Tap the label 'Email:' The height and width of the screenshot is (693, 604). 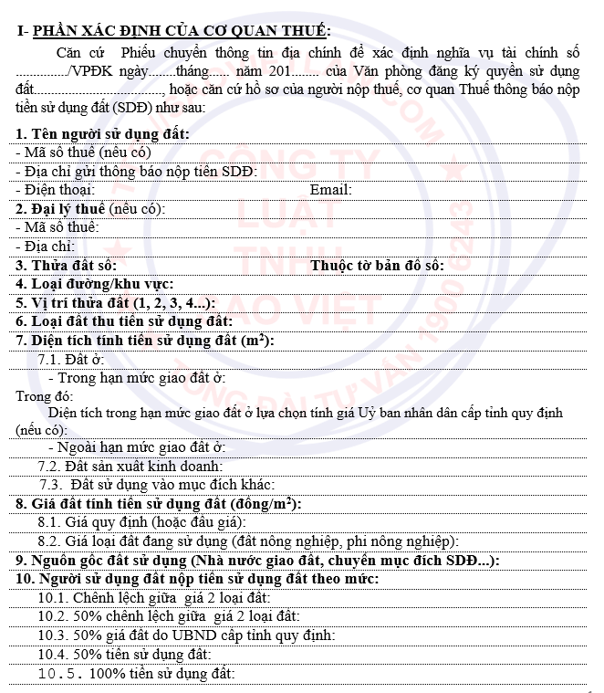330,190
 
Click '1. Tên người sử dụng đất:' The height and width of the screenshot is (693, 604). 103,134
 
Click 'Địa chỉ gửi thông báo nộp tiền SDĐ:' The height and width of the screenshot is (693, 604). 137,171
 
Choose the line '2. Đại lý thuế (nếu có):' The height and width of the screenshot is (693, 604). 90,208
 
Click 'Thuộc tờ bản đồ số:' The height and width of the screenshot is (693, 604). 377,265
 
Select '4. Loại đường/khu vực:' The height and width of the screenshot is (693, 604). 95,284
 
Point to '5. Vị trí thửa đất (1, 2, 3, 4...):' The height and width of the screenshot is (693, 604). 116,302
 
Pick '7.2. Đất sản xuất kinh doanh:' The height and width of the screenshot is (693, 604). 130,467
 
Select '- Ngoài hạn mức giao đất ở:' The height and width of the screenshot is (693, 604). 136,447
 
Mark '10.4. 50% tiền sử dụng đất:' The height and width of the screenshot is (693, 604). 124,654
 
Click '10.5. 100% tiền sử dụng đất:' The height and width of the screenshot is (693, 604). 136,673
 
